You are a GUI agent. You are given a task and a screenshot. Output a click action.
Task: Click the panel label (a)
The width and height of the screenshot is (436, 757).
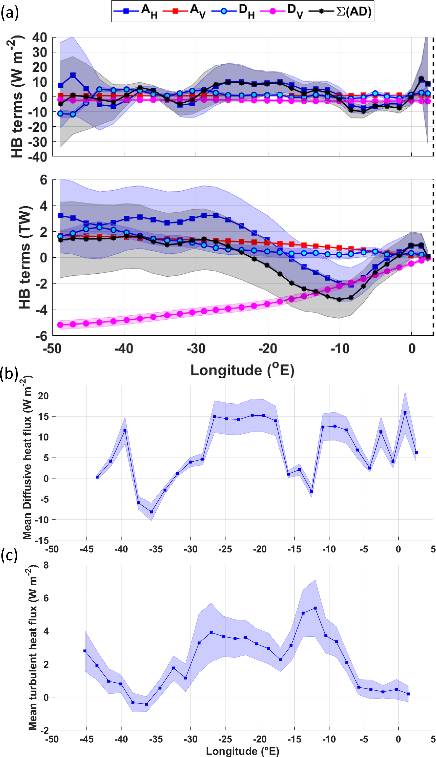pos(9,13)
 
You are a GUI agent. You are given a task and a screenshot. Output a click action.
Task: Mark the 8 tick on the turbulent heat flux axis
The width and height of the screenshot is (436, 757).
pos(46,565)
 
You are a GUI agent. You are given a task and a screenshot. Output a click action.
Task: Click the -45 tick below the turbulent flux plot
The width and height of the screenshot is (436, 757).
pos(86,739)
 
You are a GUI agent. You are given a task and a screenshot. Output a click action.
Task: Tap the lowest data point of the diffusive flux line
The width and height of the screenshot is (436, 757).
pos(151,512)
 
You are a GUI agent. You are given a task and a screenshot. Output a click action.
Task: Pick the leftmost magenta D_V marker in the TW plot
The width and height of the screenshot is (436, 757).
pos(60,325)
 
